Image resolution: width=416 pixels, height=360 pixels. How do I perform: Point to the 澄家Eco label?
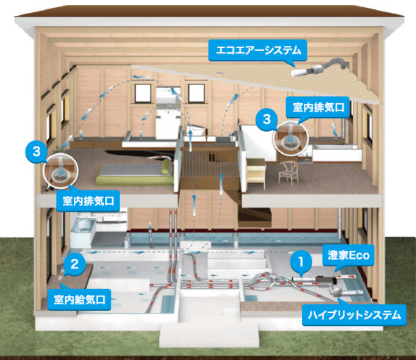[346, 256]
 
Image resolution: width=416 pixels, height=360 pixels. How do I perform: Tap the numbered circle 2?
[74, 265]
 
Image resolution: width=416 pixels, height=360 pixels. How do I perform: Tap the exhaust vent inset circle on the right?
[290, 138]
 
